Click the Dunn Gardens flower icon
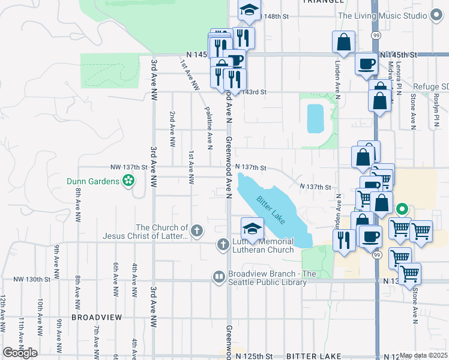(x=128, y=180)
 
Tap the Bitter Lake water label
(x=271, y=208)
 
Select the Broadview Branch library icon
(x=218, y=276)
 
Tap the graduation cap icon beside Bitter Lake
(x=252, y=229)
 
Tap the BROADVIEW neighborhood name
(x=97, y=316)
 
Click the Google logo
(x=19, y=352)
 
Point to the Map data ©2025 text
(x=423, y=355)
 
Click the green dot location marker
(x=402, y=210)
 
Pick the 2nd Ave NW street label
(x=173, y=130)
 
